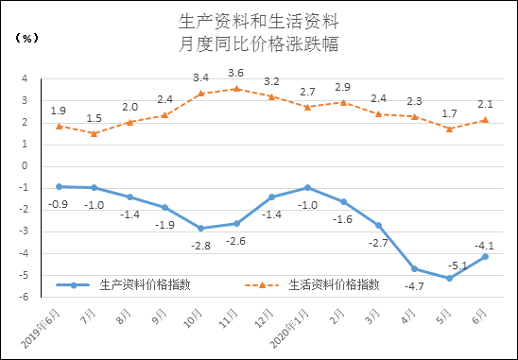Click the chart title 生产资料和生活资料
point(258,20)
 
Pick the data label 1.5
point(94,118)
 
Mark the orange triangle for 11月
point(235,89)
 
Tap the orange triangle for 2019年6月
point(59,126)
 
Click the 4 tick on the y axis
point(26,79)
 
